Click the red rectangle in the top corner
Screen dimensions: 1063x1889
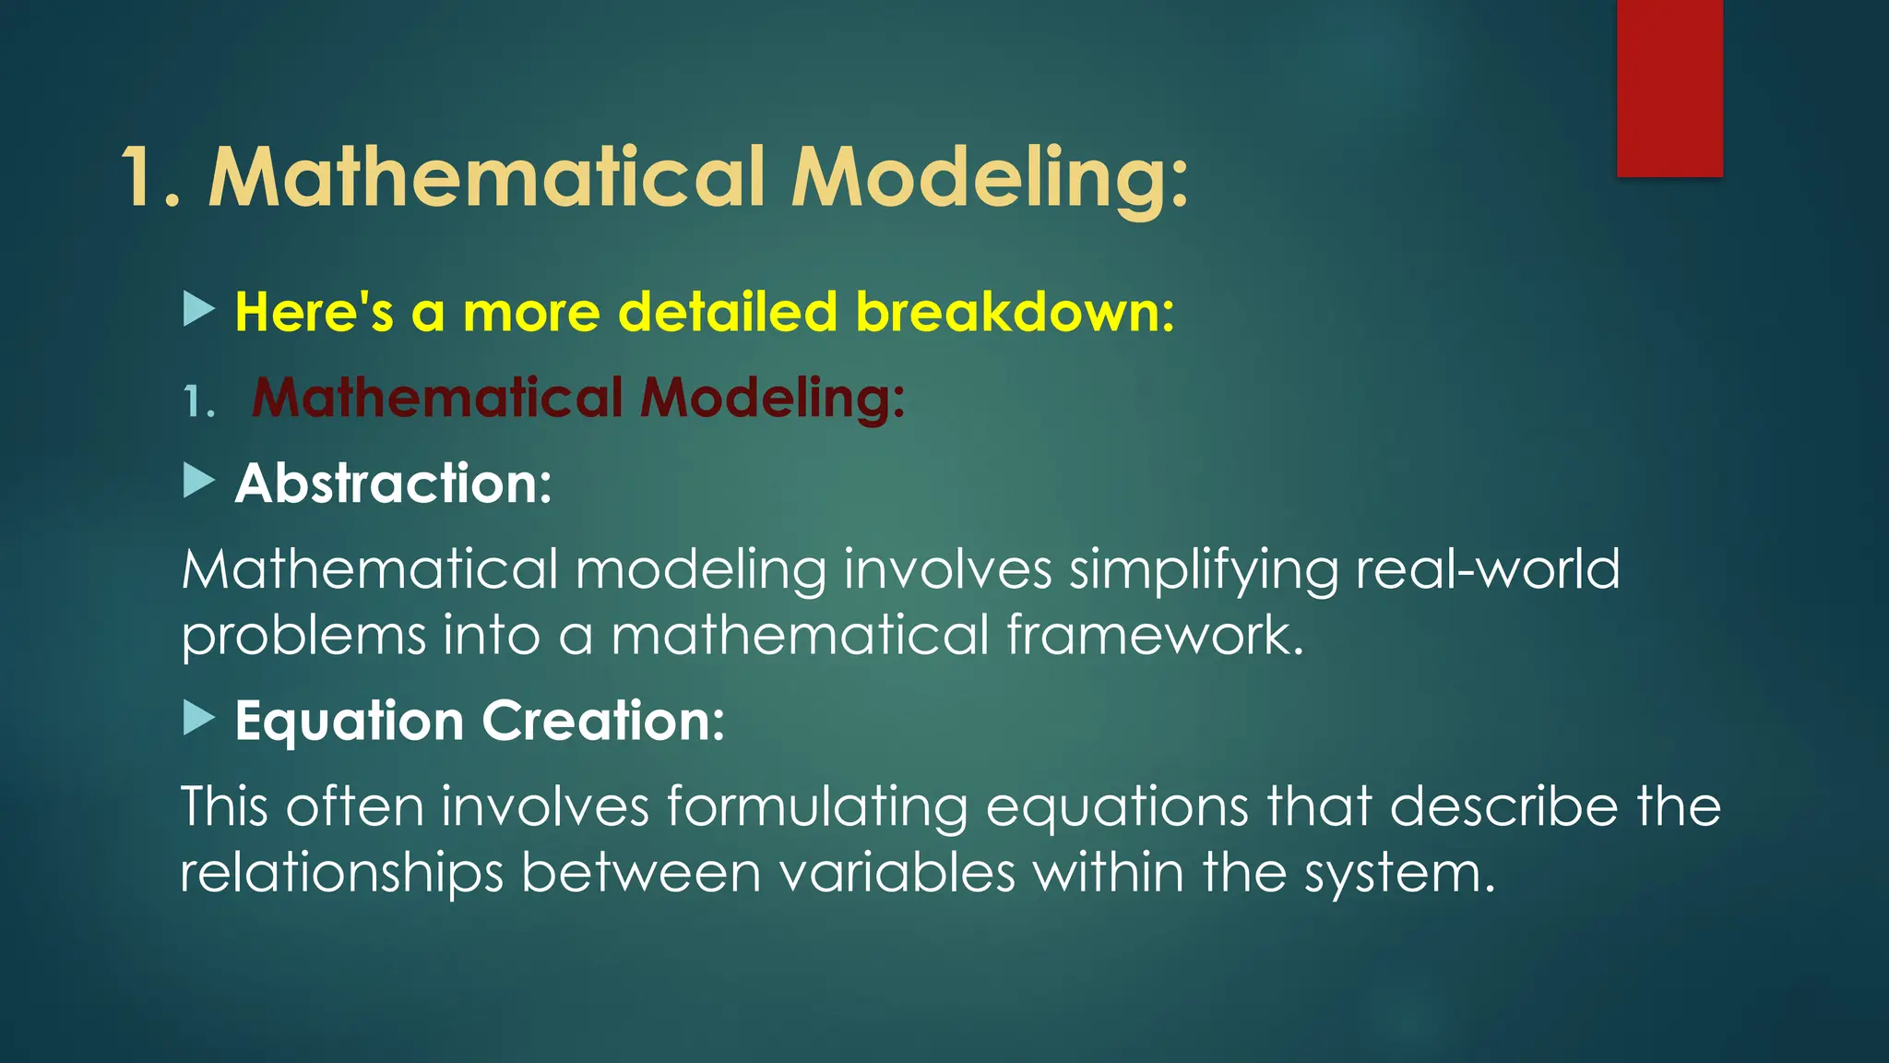[1669, 88]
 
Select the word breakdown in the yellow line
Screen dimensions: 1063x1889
[1015, 312]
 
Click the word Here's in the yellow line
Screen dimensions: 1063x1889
[315, 312]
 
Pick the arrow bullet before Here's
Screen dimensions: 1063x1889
[198, 309]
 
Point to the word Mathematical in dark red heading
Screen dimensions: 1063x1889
[437, 398]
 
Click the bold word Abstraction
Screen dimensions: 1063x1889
[393, 484]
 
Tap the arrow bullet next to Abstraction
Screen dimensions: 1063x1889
[198, 481]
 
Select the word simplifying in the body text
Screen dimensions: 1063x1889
[1203, 570]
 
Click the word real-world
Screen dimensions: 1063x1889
[1487, 568]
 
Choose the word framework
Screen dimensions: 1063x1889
[1155, 636]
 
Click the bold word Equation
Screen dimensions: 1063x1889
[349, 721]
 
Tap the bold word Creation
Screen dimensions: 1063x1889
[603, 721]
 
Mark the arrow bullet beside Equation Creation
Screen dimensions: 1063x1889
[198, 718]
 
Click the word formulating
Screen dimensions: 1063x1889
[817, 806]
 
